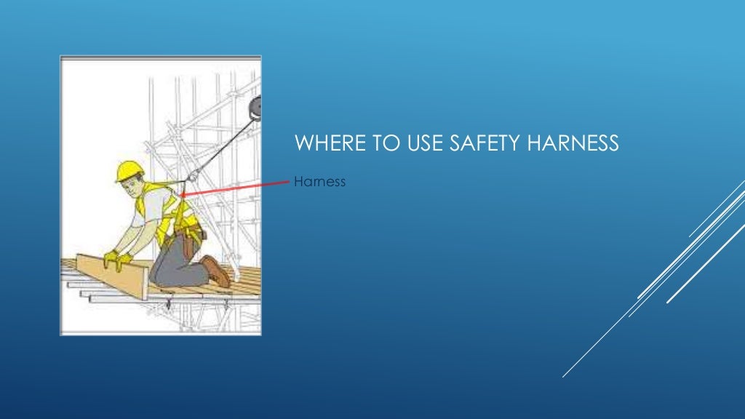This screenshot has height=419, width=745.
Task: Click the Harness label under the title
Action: point(319,181)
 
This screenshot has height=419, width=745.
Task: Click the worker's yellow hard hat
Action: point(130,169)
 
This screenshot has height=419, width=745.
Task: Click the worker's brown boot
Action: point(216,271)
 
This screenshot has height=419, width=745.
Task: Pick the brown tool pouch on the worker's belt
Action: point(195,234)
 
